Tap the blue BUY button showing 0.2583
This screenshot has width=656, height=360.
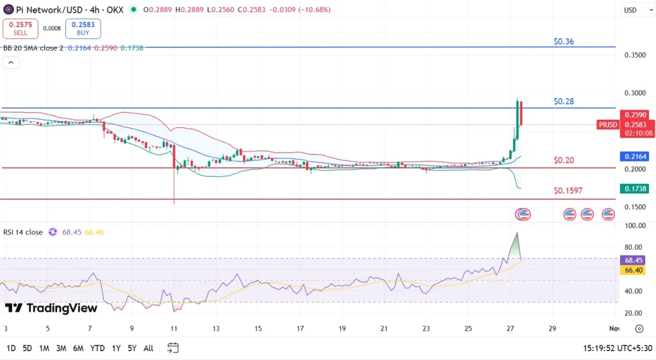83,28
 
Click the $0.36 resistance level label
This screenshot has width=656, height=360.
564,42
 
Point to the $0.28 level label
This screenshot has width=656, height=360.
564,102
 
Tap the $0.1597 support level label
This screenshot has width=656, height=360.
568,191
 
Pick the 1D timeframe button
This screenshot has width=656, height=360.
12,348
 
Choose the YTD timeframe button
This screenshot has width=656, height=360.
97,348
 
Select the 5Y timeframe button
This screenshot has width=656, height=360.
131,348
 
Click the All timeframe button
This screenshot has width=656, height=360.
148,348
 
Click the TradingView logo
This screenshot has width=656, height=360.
51,308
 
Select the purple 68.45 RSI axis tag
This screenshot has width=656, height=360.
634,261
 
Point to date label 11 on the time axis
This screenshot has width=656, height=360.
174,329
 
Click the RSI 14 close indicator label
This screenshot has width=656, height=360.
24,232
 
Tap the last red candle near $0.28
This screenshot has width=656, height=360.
522,113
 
